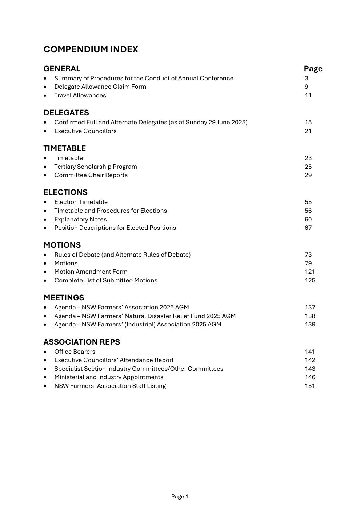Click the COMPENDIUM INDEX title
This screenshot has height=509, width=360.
point(91,49)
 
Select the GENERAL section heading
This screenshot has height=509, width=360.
point(62,69)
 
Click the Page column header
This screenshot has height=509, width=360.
point(313,69)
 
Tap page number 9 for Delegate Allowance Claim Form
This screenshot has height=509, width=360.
point(307,87)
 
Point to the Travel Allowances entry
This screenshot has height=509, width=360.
point(80,96)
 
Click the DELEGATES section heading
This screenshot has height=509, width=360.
point(66,113)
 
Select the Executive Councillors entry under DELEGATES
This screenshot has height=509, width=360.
point(85,131)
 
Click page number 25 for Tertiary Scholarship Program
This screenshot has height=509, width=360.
point(308,167)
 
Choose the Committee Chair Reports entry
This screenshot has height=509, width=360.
point(91,175)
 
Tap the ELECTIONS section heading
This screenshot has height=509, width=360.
point(65,192)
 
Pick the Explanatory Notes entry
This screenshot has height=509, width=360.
point(80,220)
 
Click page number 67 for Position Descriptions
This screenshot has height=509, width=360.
point(308,228)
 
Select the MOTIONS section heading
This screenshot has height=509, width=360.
point(62,245)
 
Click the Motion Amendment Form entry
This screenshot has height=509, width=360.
point(91,272)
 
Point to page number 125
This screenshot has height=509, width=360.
point(310,281)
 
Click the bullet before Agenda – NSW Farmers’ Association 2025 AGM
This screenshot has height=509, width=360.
point(45,308)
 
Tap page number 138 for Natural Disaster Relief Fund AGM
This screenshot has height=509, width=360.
point(310,316)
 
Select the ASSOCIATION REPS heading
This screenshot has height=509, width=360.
point(81,342)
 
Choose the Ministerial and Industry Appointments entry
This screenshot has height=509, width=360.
point(109,377)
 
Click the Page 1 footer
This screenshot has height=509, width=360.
point(180,497)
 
